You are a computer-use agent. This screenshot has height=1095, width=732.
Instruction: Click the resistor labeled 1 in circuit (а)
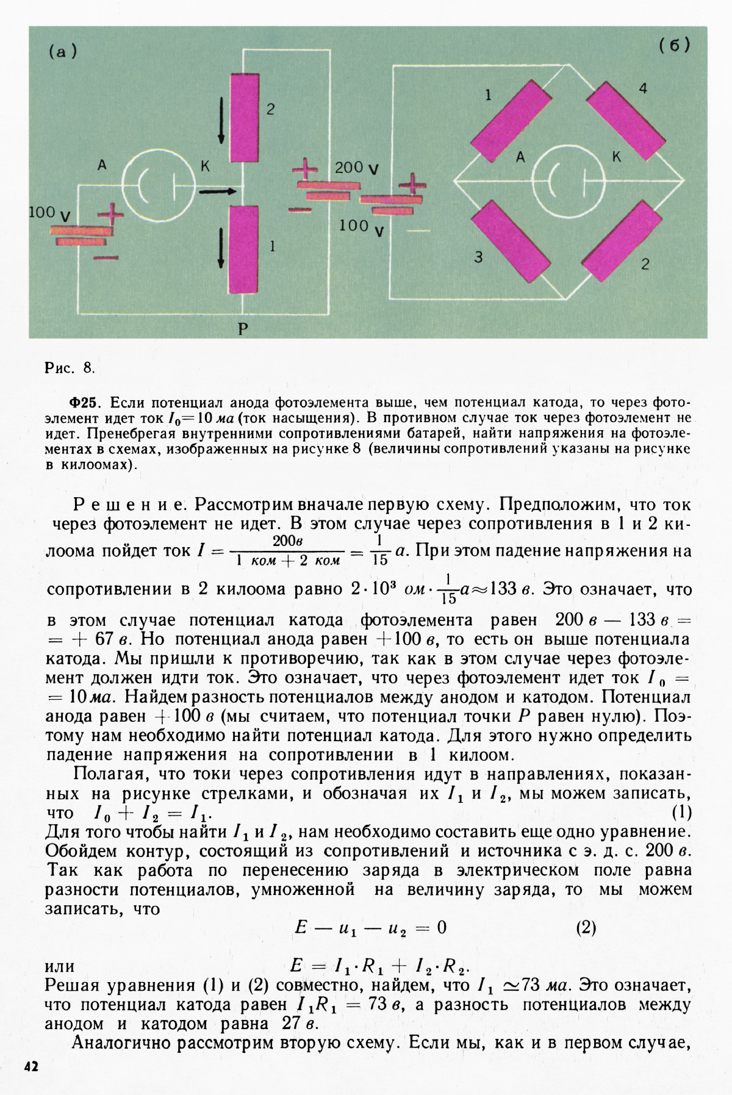tap(243, 250)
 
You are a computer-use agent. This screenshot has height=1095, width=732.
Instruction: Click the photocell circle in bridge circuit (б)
tap(568, 181)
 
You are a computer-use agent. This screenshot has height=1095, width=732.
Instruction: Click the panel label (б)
tap(673, 46)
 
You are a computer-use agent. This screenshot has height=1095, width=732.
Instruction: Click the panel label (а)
tap(63, 52)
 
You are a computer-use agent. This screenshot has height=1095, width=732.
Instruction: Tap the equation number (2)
tap(585, 928)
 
